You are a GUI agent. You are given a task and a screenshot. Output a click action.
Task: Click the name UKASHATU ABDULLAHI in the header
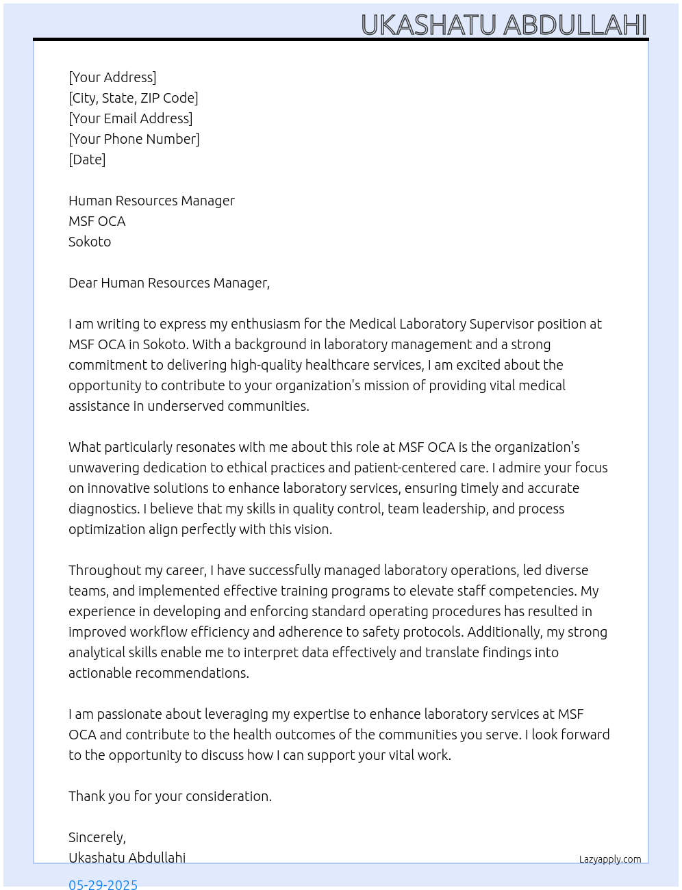click(x=503, y=25)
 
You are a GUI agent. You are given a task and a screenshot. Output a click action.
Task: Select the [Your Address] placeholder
click(x=112, y=77)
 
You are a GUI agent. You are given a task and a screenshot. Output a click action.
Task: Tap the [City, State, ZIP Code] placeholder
click(x=134, y=98)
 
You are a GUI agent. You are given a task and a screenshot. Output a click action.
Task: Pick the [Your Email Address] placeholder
click(x=131, y=118)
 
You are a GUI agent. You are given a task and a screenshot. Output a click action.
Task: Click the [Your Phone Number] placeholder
click(x=134, y=139)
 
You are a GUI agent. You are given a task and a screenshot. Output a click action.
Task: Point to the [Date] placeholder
click(x=87, y=160)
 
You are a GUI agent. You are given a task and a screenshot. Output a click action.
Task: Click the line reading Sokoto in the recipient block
click(x=90, y=242)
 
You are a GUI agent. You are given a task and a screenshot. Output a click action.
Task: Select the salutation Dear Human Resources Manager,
click(x=169, y=283)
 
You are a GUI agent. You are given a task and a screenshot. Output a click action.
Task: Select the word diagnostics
click(x=103, y=509)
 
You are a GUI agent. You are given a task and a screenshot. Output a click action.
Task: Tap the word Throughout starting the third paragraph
click(x=103, y=570)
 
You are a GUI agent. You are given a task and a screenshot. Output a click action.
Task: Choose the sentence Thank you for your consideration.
click(x=170, y=796)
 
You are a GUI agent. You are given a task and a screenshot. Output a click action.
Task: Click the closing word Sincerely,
click(x=97, y=837)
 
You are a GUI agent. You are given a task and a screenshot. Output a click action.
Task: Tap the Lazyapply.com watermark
click(x=610, y=859)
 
